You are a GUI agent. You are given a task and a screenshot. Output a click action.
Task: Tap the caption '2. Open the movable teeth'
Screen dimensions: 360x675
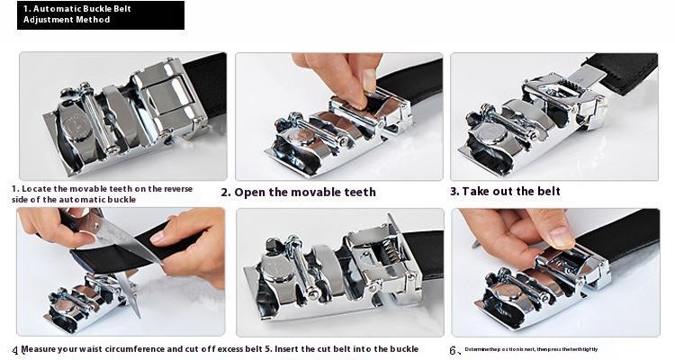pyautogui.click(x=298, y=192)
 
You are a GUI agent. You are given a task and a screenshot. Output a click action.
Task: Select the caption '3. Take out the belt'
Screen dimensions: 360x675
pyautogui.click(x=505, y=191)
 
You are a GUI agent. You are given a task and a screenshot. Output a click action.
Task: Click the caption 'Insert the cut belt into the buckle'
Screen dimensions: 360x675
pyautogui.click(x=335, y=348)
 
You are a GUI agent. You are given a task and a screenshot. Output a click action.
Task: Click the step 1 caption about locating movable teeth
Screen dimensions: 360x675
pyautogui.click(x=102, y=193)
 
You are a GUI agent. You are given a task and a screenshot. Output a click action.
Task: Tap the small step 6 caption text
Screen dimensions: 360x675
pyautogui.click(x=530, y=349)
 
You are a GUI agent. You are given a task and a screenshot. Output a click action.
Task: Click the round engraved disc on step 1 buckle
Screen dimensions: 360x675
pyautogui.click(x=74, y=128)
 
